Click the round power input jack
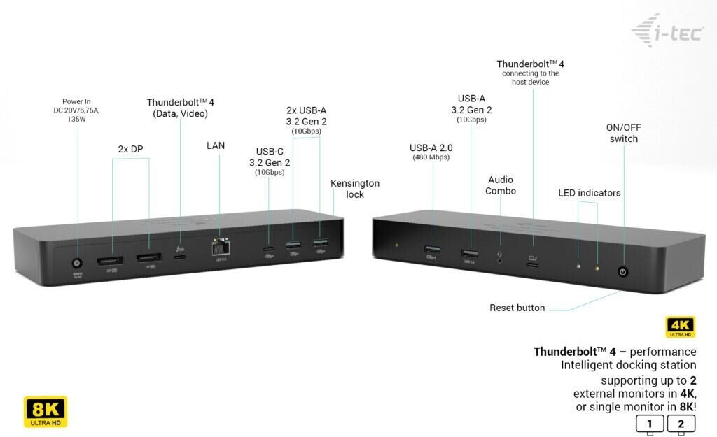(x=77, y=264)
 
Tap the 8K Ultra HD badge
(x=46, y=411)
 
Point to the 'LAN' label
(x=216, y=146)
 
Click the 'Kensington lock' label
(x=355, y=189)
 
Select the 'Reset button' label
(x=517, y=308)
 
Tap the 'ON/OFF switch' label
(x=623, y=133)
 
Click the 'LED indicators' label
(x=589, y=193)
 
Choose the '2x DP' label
(x=131, y=149)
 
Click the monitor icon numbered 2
(x=681, y=424)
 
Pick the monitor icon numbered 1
(x=650, y=424)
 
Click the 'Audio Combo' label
(x=501, y=185)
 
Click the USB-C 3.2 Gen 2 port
(x=268, y=250)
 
